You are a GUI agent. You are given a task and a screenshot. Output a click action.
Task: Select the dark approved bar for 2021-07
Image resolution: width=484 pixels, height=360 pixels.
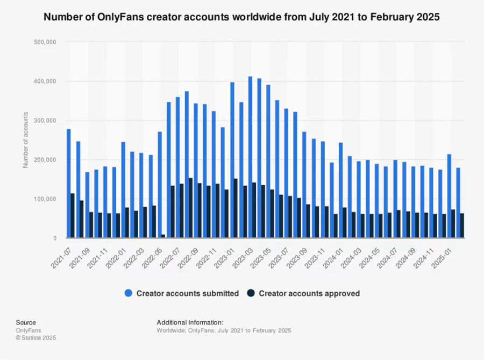(x=73, y=215)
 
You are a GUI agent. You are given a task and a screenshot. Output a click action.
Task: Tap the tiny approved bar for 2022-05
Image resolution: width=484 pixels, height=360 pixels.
(x=163, y=236)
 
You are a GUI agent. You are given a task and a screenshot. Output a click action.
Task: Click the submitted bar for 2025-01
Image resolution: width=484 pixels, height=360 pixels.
(x=449, y=196)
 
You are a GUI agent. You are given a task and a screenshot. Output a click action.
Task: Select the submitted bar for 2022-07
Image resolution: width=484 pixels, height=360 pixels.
(x=177, y=167)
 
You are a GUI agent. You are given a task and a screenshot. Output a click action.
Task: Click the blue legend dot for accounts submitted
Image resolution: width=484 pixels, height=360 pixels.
(x=129, y=293)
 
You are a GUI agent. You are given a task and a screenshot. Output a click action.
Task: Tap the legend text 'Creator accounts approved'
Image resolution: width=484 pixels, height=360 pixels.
(x=309, y=293)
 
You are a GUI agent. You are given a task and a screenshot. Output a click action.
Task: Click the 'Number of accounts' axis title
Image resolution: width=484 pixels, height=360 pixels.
(x=25, y=139)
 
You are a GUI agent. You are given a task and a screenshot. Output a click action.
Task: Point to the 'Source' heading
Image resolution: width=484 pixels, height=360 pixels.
(x=26, y=322)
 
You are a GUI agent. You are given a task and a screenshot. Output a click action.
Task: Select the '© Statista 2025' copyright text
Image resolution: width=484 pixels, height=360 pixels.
(x=36, y=338)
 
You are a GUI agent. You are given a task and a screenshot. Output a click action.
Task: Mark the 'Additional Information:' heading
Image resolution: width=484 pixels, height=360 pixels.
(x=186, y=322)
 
